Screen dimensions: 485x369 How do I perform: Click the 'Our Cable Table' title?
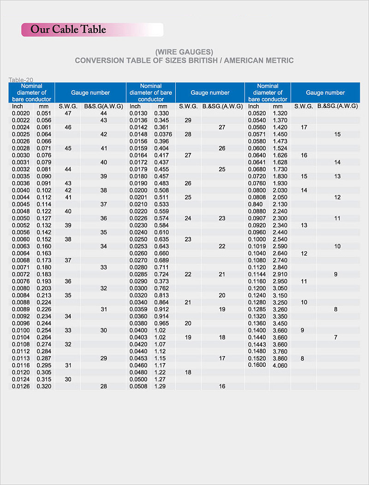point(68,30)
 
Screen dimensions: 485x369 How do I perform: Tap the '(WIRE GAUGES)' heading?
point(184,52)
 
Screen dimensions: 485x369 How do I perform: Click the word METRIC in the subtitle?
point(279,61)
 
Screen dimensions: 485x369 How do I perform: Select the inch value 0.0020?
point(20,113)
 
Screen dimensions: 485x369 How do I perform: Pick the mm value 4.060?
point(280,365)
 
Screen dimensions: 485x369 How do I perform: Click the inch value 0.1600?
point(257,365)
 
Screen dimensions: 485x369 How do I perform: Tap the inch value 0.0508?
point(138,386)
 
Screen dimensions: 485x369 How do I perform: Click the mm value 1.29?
point(160,386)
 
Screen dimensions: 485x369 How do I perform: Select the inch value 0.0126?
point(20,386)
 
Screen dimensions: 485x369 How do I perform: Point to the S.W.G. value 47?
point(68,113)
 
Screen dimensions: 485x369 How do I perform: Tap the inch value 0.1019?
point(257,246)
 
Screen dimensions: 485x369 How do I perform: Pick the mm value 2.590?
point(280,246)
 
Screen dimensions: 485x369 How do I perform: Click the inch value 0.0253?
point(138,246)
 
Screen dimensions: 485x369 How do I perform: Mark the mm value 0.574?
point(161,218)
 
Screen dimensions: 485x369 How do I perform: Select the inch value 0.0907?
point(257,218)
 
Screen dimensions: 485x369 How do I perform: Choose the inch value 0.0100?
point(20,330)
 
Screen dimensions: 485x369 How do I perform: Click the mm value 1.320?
point(280,113)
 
